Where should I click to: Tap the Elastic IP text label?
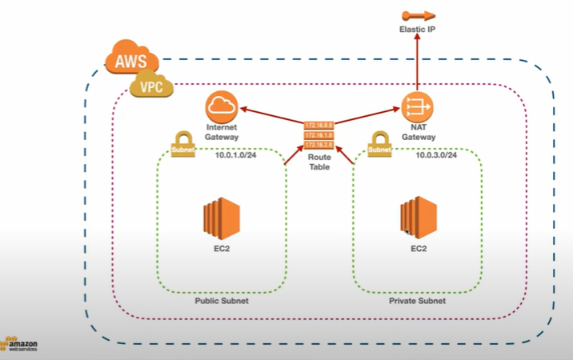click(417, 30)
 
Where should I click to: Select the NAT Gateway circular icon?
click(416, 106)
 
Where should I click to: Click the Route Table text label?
click(319, 164)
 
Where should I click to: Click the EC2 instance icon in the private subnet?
click(417, 217)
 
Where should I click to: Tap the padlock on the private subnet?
click(379, 146)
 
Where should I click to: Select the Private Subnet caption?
click(417, 302)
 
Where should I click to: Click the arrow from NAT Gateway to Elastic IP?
click(416, 64)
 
